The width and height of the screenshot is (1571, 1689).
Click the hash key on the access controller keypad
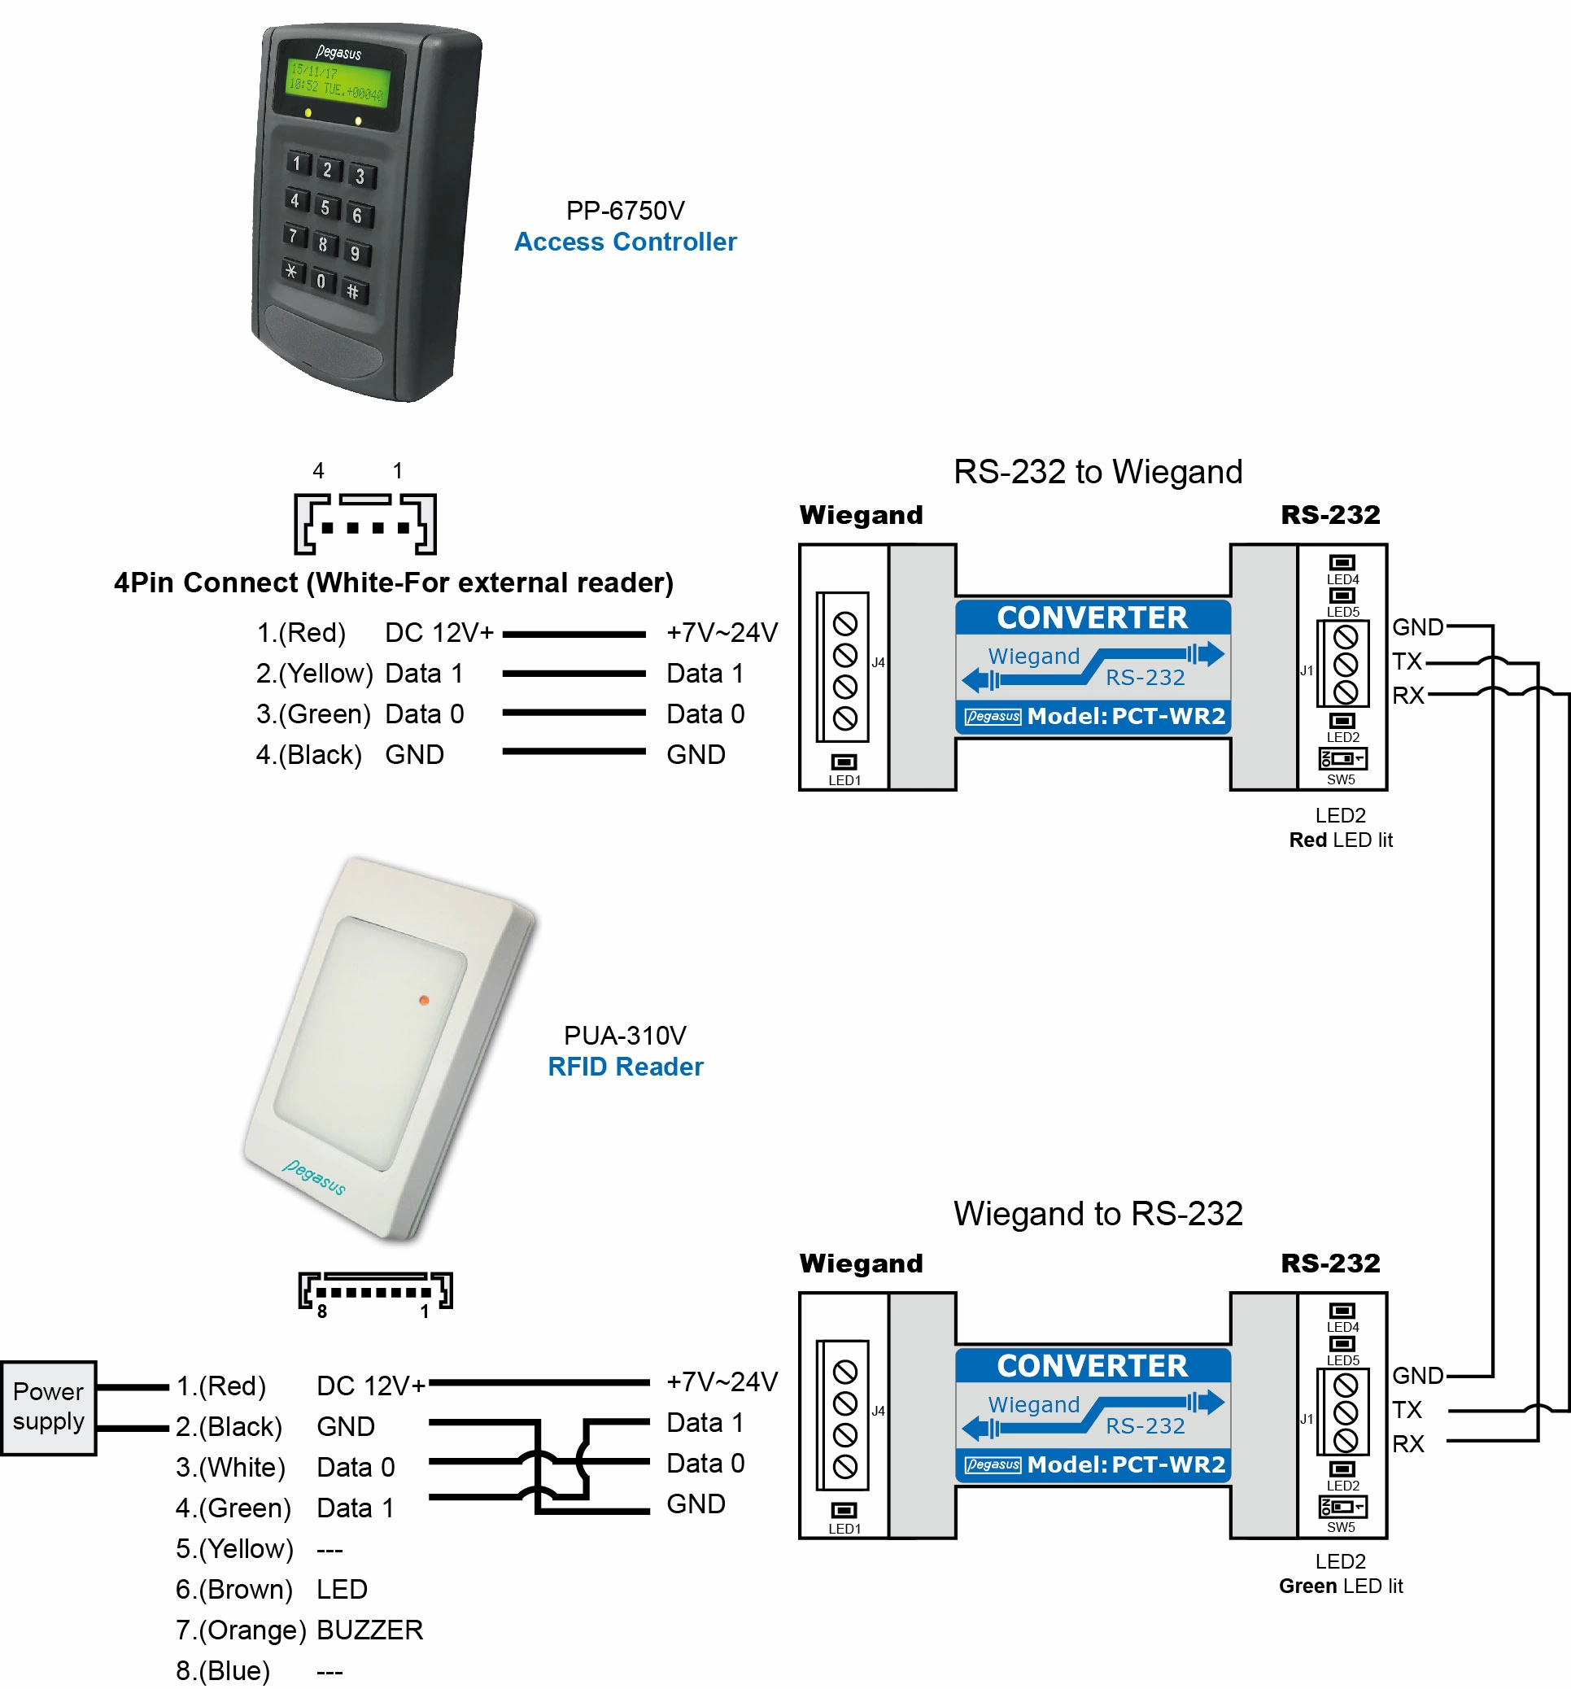coord(352,292)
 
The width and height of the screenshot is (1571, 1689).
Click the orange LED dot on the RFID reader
coord(423,1000)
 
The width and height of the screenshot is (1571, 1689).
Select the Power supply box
coord(49,1407)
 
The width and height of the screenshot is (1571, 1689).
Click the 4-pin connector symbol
coord(365,523)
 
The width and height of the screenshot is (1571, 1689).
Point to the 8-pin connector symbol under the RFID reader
coord(375,1291)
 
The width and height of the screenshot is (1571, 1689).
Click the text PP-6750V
coord(626,210)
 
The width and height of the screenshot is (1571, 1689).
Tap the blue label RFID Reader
coord(626,1067)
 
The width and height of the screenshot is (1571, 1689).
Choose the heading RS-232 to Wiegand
coord(1097,472)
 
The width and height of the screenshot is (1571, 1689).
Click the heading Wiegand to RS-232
coord(1097,1213)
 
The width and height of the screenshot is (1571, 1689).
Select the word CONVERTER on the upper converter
coord(1092,618)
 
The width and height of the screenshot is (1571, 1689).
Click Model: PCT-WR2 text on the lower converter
coord(1125,1464)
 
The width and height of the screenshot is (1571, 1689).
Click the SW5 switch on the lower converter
coord(1342,1508)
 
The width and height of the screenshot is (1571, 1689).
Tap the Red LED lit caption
coord(1340,840)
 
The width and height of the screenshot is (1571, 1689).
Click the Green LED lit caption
coord(1340,1586)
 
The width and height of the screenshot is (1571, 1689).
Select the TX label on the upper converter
coord(1406,661)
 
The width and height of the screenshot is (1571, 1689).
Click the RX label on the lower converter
coord(1407,1443)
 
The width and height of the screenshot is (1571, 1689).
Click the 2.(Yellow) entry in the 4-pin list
coord(313,674)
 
